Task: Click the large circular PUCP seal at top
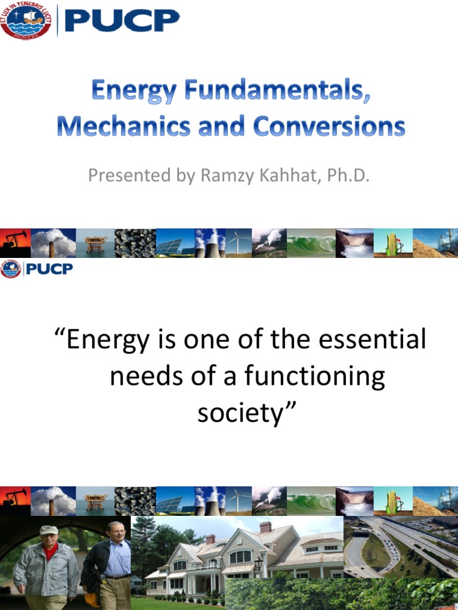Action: [x=26, y=20]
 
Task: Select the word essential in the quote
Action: [x=372, y=340]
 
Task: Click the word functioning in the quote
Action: [x=317, y=377]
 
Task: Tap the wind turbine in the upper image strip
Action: [x=241, y=243]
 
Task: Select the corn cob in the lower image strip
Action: [x=392, y=500]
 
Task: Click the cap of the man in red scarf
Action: [x=48, y=530]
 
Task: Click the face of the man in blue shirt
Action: [x=116, y=532]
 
